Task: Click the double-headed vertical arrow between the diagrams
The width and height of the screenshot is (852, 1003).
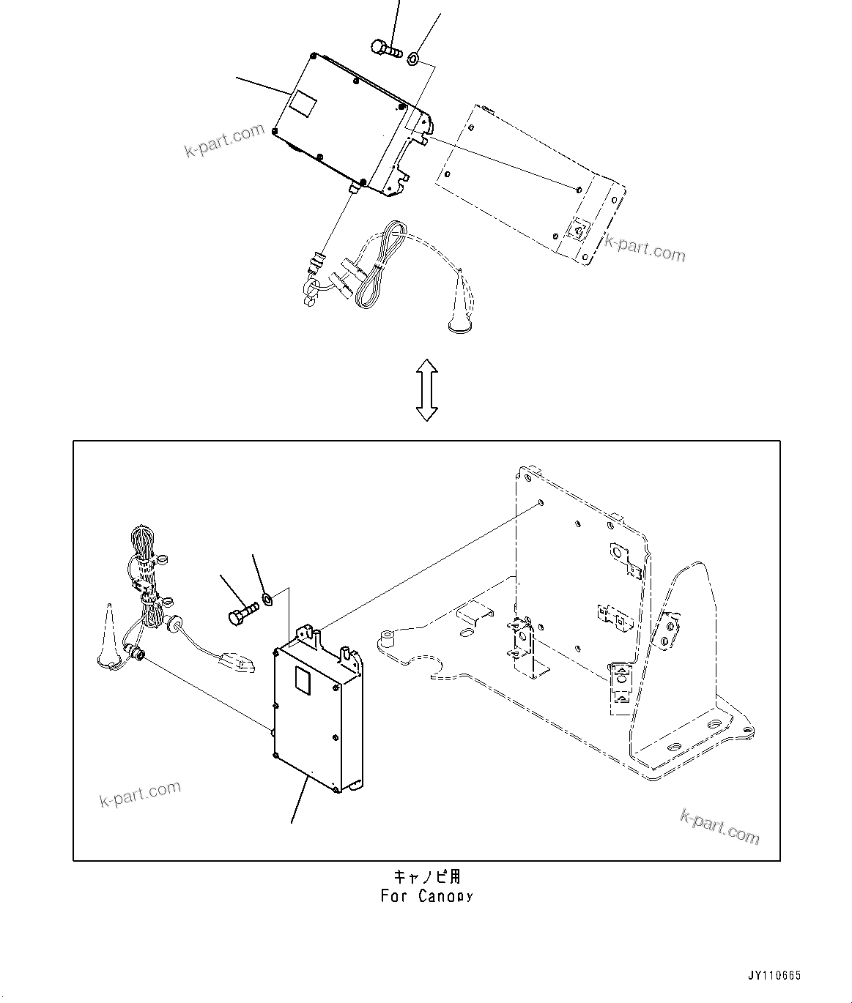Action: point(426,389)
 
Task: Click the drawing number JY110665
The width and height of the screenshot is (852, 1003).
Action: point(774,975)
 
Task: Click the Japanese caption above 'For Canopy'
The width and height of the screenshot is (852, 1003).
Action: point(427,876)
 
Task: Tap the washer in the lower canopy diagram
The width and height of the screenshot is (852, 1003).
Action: point(268,600)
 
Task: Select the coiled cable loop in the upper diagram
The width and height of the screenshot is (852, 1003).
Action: point(381,267)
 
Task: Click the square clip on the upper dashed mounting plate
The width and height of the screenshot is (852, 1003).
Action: point(578,231)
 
